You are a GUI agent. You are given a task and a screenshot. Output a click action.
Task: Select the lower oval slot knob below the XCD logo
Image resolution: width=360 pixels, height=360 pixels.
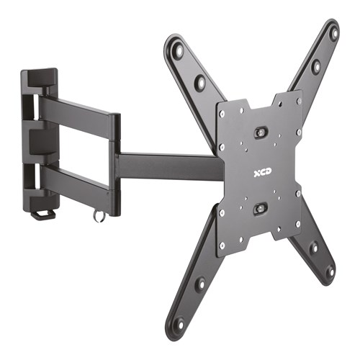pos(261,209)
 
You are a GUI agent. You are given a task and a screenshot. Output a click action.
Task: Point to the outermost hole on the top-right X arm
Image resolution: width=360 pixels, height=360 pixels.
pos(333,32)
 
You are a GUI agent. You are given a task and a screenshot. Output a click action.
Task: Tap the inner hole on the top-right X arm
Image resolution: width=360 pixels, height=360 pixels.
pos(315,66)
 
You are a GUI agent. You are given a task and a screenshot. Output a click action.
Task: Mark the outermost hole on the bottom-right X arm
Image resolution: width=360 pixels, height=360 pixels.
pos(329,271)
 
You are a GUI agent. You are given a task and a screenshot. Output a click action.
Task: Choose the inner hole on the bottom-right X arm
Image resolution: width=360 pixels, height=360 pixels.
pos(312,248)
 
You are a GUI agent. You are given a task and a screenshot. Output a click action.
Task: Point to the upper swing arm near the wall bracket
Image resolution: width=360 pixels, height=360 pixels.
pos(76,112)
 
